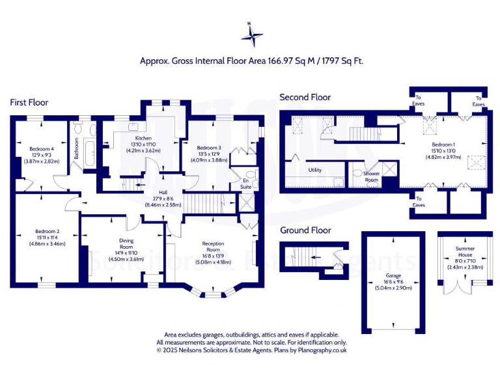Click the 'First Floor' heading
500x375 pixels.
click(29, 102)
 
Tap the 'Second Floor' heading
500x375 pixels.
click(305, 97)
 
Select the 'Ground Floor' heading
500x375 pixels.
click(305, 230)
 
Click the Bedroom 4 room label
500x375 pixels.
click(40, 149)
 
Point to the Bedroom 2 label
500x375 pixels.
click(44, 231)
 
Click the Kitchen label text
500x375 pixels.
click(143, 139)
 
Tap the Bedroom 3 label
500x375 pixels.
click(209, 148)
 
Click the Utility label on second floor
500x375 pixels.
click(315, 169)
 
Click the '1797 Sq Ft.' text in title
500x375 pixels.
click(339, 61)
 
